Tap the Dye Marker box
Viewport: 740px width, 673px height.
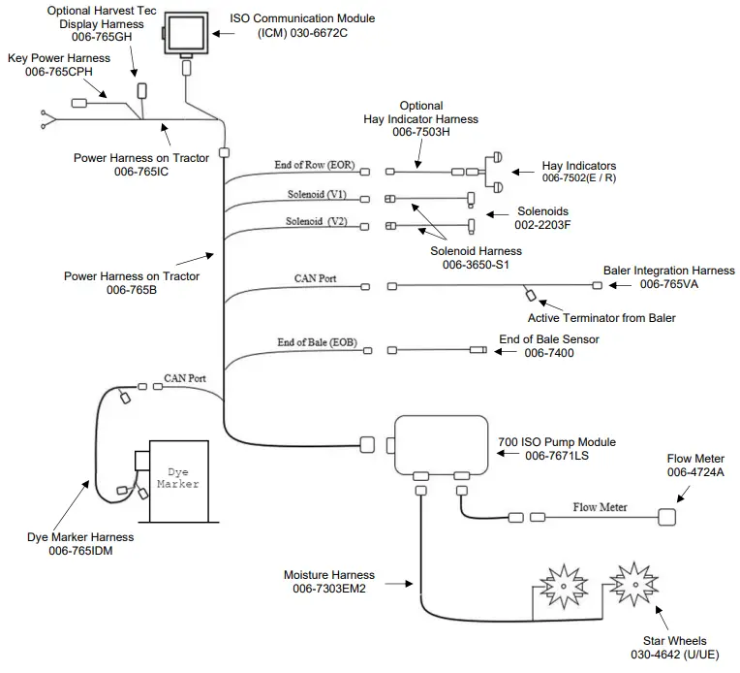(177, 476)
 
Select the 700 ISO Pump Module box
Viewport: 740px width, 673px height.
(440, 443)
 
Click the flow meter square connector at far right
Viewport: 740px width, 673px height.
(669, 517)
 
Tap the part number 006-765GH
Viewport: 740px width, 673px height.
(96, 37)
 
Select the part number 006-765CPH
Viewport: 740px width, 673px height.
(59, 72)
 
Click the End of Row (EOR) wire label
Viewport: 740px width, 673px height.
(315, 165)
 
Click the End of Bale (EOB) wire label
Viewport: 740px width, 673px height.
(315, 342)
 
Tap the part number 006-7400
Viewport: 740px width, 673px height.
(548, 354)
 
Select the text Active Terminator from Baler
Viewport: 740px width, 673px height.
(601, 317)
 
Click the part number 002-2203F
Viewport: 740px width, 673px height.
(542, 225)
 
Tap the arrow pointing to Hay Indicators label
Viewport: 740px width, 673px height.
(523, 172)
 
